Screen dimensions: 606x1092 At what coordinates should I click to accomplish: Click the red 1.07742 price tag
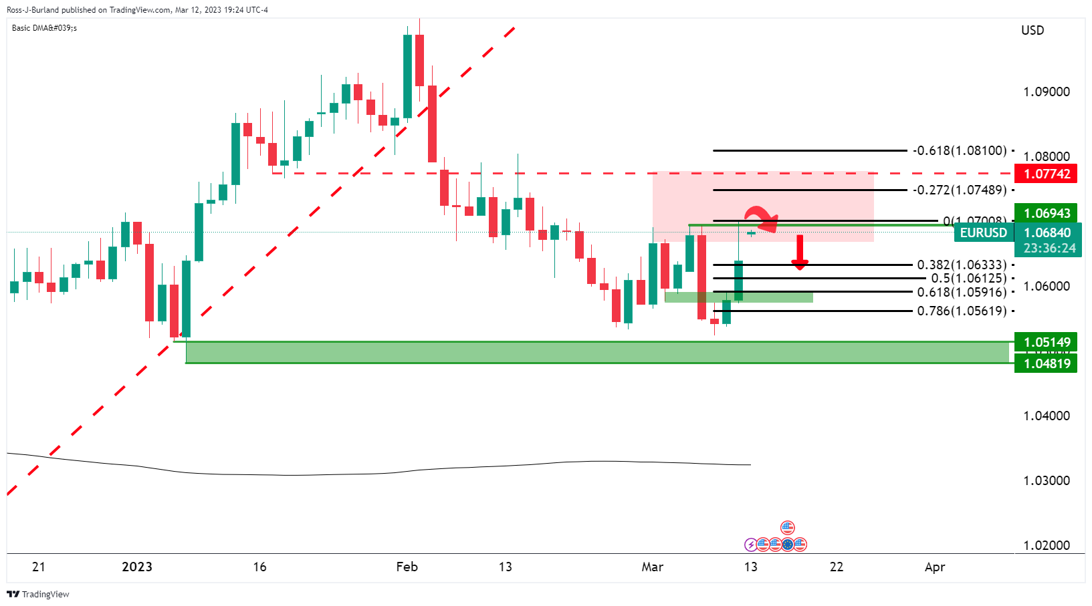(1045, 174)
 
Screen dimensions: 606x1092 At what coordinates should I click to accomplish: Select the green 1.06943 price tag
(1045, 213)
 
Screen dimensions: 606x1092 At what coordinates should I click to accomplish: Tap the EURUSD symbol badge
(983, 233)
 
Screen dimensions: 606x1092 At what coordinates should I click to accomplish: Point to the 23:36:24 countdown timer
(1049, 249)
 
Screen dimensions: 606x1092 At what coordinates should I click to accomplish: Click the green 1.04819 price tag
(1045, 363)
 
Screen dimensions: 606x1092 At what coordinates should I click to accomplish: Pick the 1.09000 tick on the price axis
(1046, 92)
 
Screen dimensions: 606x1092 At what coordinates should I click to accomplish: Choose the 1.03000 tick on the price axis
(1046, 480)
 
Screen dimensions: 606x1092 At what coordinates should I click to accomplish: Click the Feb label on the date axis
(407, 567)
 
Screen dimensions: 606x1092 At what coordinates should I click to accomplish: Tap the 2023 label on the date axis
(136, 567)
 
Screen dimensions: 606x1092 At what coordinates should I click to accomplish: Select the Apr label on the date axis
(934, 567)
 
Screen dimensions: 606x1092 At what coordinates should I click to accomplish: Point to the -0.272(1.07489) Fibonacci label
(960, 190)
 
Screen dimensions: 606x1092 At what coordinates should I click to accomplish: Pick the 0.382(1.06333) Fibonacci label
(962, 265)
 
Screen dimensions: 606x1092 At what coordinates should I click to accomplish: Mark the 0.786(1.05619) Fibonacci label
(962, 311)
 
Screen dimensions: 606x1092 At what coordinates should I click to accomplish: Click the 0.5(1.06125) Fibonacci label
(968, 278)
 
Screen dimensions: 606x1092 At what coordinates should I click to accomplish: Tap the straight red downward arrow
(799, 253)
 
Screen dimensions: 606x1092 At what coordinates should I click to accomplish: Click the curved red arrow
(762, 218)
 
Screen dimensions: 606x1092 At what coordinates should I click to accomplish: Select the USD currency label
(1032, 30)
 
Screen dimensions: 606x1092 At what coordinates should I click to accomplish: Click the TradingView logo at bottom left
(38, 594)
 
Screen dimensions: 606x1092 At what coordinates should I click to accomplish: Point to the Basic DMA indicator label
(44, 28)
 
